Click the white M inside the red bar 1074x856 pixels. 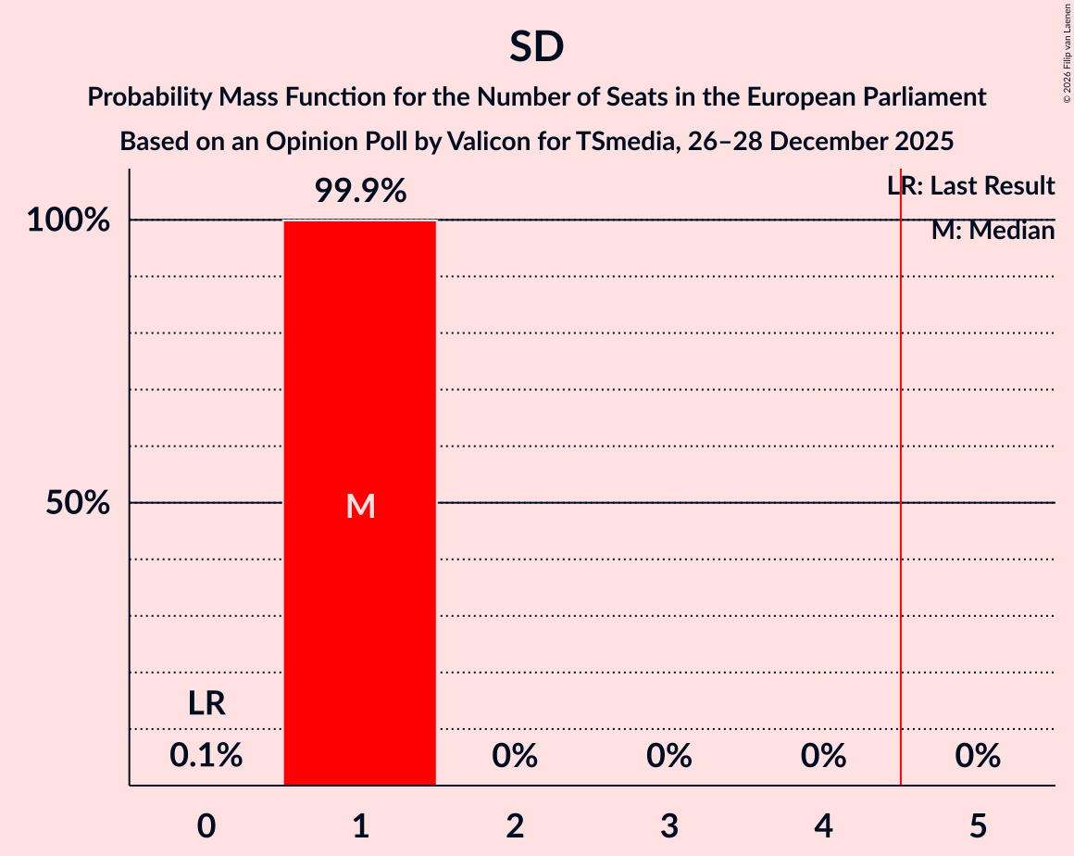(360, 506)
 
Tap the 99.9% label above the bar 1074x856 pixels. (360, 191)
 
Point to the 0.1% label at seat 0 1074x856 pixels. (206, 756)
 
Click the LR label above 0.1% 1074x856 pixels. (206, 704)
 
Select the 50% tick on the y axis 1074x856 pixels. (78, 503)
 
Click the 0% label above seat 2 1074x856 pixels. (515, 756)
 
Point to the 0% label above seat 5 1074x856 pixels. (978, 756)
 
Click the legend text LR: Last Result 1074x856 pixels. (971, 186)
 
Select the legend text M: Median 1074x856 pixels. (993, 231)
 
